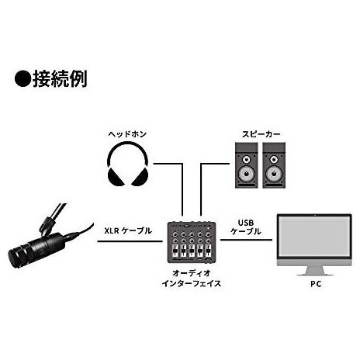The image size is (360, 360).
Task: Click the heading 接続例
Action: [60, 78]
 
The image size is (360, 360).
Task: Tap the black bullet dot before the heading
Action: [22, 79]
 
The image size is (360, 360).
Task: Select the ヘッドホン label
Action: [127, 134]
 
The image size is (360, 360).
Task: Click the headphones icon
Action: [128, 164]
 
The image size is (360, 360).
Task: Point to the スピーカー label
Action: [261, 134]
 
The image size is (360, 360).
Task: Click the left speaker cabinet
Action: [246, 165]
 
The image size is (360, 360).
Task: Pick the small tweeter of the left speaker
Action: [247, 159]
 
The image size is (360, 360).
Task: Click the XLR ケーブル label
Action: [128, 230]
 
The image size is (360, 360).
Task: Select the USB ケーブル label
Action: [246, 227]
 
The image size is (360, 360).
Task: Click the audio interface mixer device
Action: [192, 242]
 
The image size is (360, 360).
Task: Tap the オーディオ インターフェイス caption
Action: [192, 279]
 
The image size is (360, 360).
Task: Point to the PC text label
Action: [316, 284]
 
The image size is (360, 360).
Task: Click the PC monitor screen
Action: [314, 237]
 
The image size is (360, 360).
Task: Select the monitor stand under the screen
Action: [314, 271]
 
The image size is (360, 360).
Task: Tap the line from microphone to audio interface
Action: [130, 241]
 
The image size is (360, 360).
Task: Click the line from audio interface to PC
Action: [246, 240]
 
